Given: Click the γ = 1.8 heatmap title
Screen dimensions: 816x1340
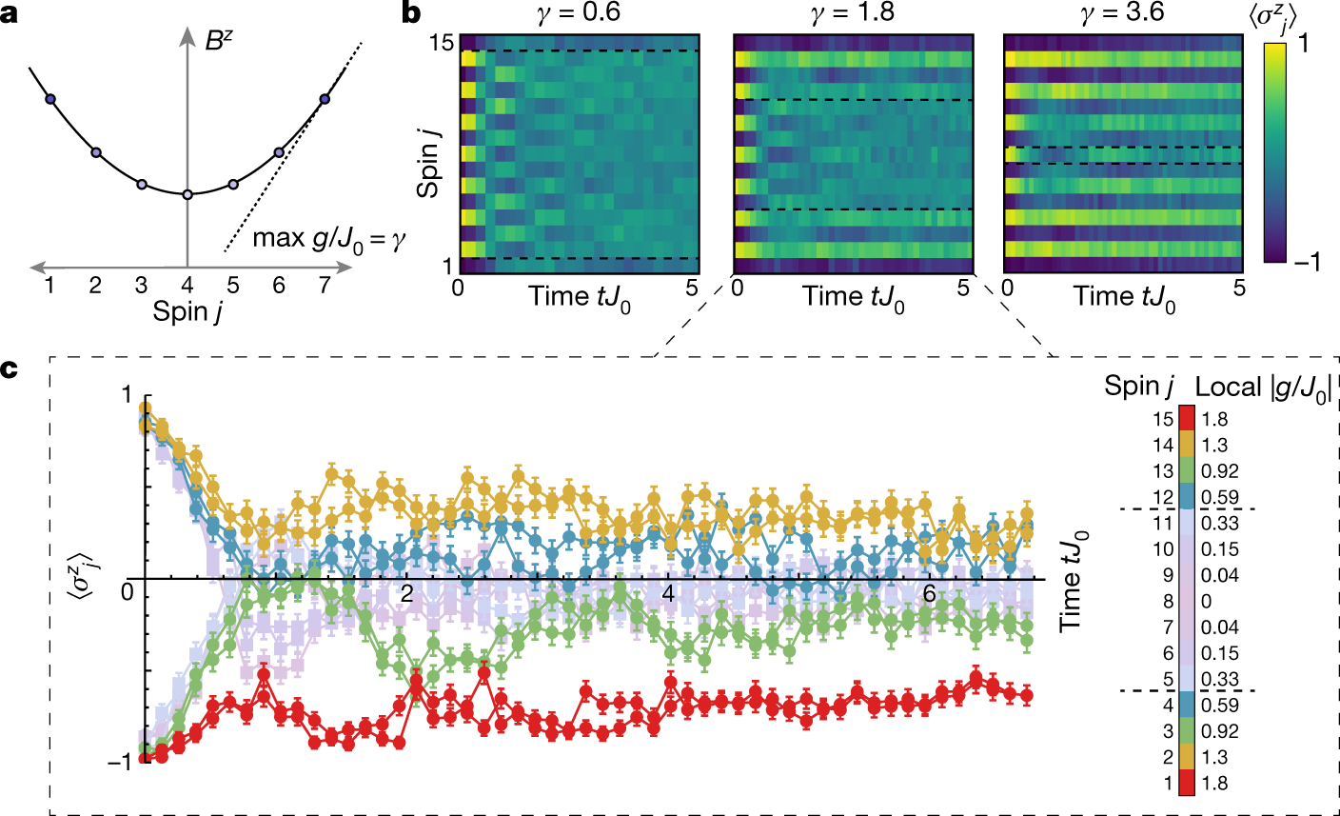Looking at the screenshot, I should [854, 13].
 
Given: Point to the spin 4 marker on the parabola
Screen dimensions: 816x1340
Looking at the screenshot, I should [187, 194].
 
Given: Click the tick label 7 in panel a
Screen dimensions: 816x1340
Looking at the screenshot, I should [325, 285].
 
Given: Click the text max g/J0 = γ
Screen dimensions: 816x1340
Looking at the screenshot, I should [328, 237].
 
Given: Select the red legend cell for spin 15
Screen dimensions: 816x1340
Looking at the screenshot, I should [1186, 419].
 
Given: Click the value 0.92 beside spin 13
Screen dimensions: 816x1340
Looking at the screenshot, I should [1220, 471].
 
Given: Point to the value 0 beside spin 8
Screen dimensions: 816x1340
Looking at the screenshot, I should [1207, 602].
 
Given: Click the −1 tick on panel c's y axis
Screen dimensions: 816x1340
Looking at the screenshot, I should [119, 762].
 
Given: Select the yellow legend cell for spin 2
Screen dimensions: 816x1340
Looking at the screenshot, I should [1186, 758].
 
